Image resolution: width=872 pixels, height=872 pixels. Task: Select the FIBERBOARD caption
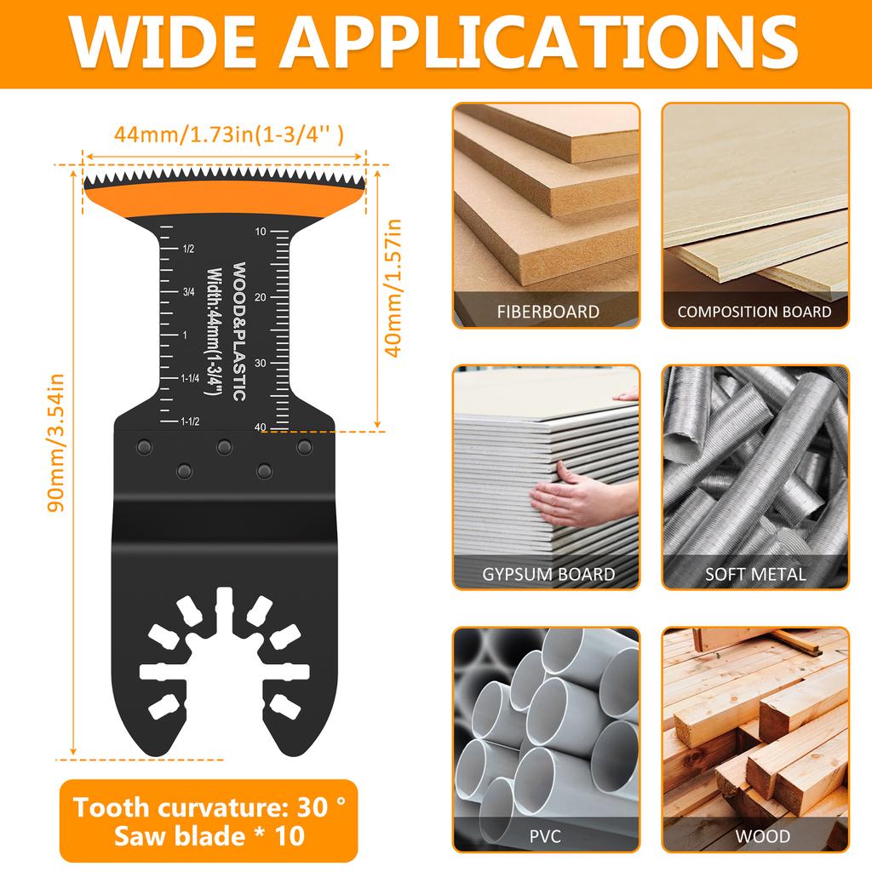coord(548,312)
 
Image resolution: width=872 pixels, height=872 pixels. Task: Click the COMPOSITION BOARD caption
coord(754,312)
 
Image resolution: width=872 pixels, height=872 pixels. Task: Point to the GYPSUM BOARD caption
coord(548,574)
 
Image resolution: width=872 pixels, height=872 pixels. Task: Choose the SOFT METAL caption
coord(755,574)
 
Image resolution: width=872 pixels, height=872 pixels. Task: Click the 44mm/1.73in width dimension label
coord(229,134)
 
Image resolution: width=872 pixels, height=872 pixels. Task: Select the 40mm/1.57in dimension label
coord(393,290)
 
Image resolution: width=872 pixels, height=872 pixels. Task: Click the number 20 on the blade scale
coord(259,297)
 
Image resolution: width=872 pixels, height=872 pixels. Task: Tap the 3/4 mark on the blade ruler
coord(189,292)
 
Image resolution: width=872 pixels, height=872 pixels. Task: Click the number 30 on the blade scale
coord(259,363)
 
